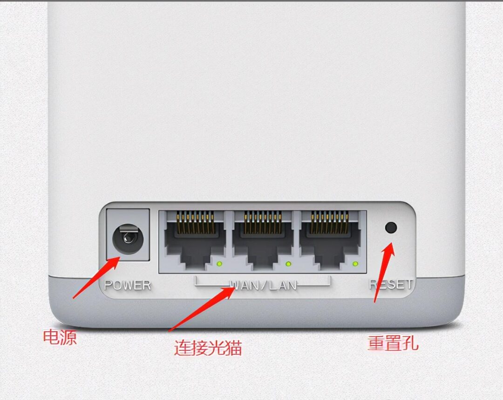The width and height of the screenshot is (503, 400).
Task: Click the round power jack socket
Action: [x=128, y=238]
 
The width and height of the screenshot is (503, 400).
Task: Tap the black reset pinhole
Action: [x=391, y=227]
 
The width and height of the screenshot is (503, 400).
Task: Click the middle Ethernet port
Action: [x=262, y=241]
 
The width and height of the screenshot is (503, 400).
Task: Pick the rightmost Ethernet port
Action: [x=330, y=241]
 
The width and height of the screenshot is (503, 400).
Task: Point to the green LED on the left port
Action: [x=220, y=264]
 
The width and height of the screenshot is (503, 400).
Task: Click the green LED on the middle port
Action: [x=288, y=264]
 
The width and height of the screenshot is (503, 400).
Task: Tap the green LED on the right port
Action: [x=355, y=264]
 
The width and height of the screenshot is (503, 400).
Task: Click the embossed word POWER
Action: [x=128, y=285]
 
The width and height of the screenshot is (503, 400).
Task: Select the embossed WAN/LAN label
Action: [x=263, y=285]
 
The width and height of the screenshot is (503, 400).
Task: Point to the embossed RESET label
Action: [x=391, y=284]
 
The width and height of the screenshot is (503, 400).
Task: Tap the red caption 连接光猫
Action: [x=208, y=347]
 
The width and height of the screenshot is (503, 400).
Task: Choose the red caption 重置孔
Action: [x=393, y=343]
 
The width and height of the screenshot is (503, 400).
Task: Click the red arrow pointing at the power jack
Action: [x=96, y=278]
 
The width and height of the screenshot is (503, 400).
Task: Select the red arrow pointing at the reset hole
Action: [x=384, y=273]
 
